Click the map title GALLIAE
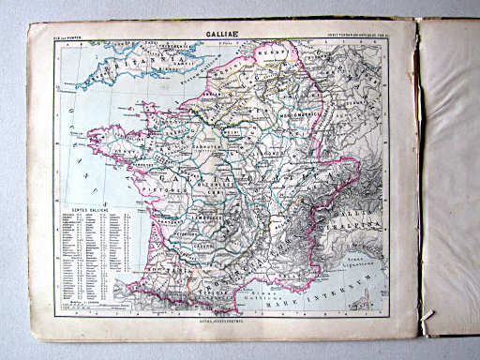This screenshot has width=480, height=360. [x=208, y=37]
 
